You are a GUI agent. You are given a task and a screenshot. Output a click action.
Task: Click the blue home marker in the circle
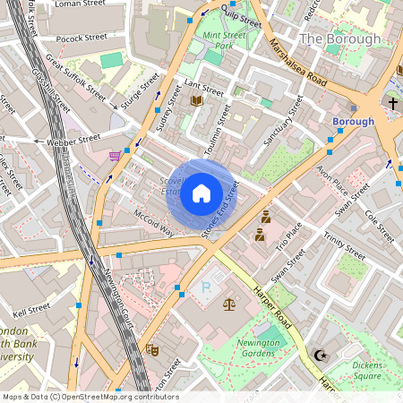(201, 193)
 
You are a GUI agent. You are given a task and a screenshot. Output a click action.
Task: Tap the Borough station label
(353, 121)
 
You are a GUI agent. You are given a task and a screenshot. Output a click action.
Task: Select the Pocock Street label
(81, 39)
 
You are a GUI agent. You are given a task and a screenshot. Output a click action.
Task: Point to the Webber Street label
(74, 139)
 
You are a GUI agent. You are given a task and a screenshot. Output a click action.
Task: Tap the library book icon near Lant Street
(196, 101)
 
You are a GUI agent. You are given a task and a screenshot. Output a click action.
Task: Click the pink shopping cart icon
(115, 156)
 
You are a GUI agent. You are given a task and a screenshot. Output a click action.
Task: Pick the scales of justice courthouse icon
(228, 305)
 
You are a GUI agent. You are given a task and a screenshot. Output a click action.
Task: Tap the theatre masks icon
(152, 352)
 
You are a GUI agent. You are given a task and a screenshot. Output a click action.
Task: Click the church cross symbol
(392, 104)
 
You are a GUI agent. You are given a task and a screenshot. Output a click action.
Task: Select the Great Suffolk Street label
(77, 78)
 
